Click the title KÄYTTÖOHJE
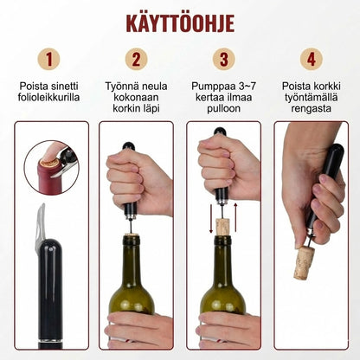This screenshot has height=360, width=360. tap(180, 22)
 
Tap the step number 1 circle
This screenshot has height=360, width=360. tap(48, 59)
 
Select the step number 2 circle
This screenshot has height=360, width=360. tap(136, 59)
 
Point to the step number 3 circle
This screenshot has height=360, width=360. tap(224, 59)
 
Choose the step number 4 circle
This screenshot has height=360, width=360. tap(311, 59)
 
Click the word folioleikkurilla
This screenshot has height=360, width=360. tap(48, 97)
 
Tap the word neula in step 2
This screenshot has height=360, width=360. tap(155, 86)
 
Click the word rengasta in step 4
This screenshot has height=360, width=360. tap(311, 109)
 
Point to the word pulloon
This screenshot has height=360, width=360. tap(224, 109)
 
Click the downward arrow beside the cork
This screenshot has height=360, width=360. tap(211, 218)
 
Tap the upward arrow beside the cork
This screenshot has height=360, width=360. tap(235, 217)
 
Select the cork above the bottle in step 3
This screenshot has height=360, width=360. tap(222, 227)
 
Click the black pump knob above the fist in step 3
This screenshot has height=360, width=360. tap(221, 132)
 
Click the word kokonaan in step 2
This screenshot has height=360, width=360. tap(136, 97)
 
